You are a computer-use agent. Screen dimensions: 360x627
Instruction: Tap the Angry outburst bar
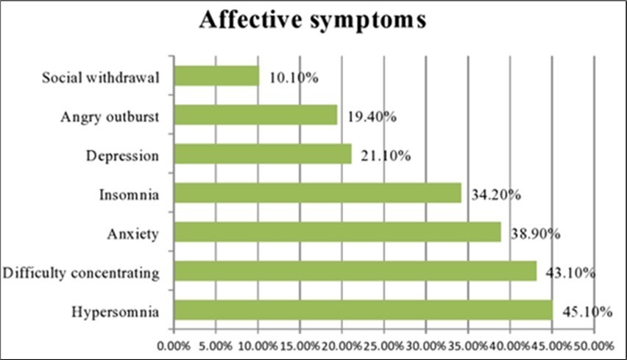(255, 115)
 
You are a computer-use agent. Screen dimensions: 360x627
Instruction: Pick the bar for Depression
(263, 154)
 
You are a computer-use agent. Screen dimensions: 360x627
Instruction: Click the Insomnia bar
(317, 194)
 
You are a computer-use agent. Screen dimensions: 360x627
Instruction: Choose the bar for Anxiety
(337, 233)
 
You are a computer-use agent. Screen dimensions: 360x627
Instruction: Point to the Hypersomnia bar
(363, 311)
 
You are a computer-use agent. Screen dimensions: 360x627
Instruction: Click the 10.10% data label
(292, 77)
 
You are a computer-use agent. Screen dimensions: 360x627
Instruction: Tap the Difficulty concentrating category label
(81, 273)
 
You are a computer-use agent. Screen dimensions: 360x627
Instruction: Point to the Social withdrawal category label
(101, 77)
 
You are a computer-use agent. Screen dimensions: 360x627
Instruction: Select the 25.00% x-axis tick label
(383, 345)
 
